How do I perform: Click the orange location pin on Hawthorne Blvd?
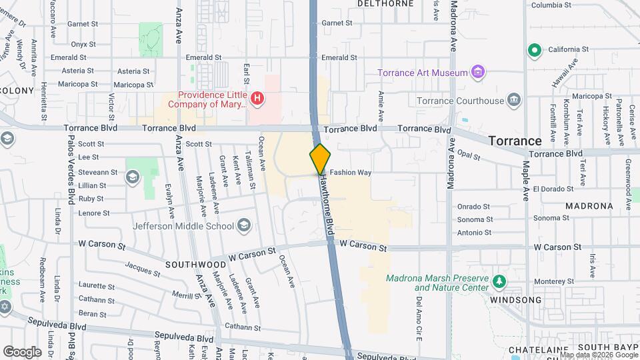pyautogui.click(x=320, y=159)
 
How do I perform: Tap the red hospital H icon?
pyautogui.click(x=257, y=100)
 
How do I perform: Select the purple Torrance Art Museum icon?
pyautogui.click(x=477, y=72)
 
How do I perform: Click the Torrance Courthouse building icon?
pyautogui.click(x=513, y=101)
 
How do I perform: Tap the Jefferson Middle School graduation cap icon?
pyautogui.click(x=244, y=225)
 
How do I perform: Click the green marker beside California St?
pyautogui.click(x=533, y=50)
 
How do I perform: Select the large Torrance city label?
pyautogui.click(x=515, y=141)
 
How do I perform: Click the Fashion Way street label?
pyautogui.click(x=350, y=172)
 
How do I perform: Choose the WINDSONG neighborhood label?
pyautogui.click(x=516, y=300)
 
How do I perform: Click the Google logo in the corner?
pyautogui.click(x=22, y=351)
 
